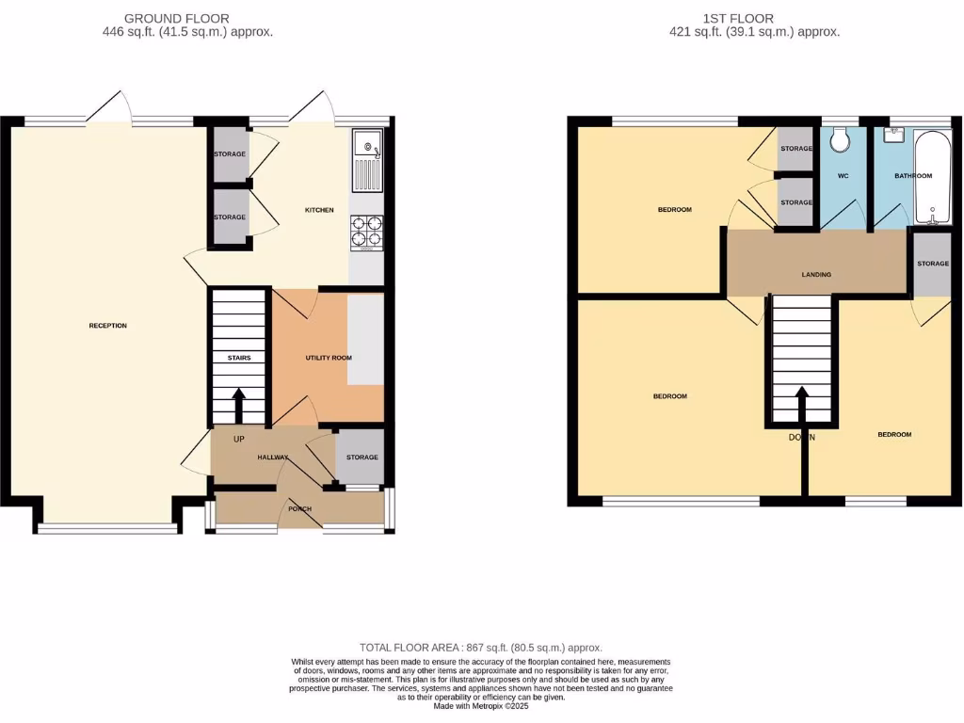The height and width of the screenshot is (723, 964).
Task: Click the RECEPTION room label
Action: pyautogui.click(x=107, y=326)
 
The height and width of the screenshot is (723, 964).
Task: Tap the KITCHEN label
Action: pyautogui.click(x=319, y=210)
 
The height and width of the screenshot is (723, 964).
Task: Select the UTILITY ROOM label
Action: pyautogui.click(x=329, y=359)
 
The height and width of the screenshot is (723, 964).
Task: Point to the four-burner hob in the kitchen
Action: pyautogui.click(x=367, y=232)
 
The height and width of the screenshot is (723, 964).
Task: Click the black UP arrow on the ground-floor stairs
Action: pyautogui.click(x=237, y=406)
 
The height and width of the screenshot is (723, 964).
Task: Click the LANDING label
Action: pyautogui.click(x=816, y=275)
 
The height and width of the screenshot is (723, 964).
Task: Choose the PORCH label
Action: pyautogui.click(x=299, y=509)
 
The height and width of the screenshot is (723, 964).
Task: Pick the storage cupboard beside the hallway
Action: pyautogui.click(x=361, y=458)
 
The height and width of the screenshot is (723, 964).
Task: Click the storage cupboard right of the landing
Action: pyautogui.click(x=933, y=265)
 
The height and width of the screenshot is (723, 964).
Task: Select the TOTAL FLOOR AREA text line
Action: pyautogui.click(x=481, y=648)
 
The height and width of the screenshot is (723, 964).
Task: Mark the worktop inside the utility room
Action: pyautogui.click(x=365, y=340)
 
